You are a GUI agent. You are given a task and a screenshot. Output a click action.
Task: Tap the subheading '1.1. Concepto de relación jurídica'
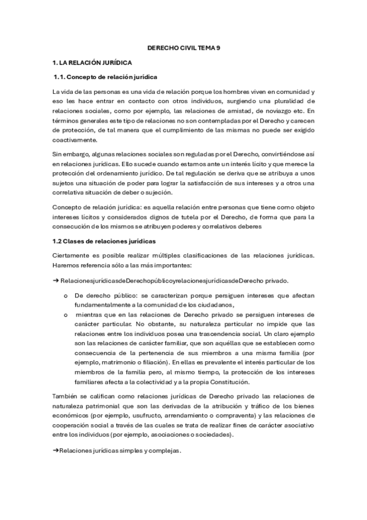point(107,77)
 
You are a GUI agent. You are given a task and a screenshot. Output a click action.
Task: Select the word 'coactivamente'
point(75,140)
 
